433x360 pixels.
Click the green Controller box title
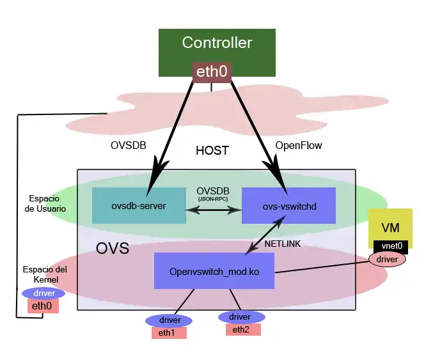click(x=217, y=43)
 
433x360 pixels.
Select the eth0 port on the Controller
click(x=212, y=72)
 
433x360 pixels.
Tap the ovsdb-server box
click(x=139, y=205)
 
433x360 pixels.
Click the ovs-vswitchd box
click(x=289, y=205)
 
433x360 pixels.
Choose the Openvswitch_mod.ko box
click(x=214, y=270)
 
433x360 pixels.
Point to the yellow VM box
click(x=390, y=228)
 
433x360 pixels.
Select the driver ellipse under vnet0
click(x=388, y=259)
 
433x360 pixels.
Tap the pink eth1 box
click(x=169, y=333)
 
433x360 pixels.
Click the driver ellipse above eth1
click(x=169, y=320)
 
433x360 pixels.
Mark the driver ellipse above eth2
click(x=242, y=317)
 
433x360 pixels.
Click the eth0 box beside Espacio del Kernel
click(x=43, y=306)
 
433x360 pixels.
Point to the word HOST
click(x=212, y=151)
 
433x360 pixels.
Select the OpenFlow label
click(x=298, y=146)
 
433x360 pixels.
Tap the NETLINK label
click(x=283, y=244)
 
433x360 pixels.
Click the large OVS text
click(x=113, y=248)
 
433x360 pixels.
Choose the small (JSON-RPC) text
click(x=212, y=199)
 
